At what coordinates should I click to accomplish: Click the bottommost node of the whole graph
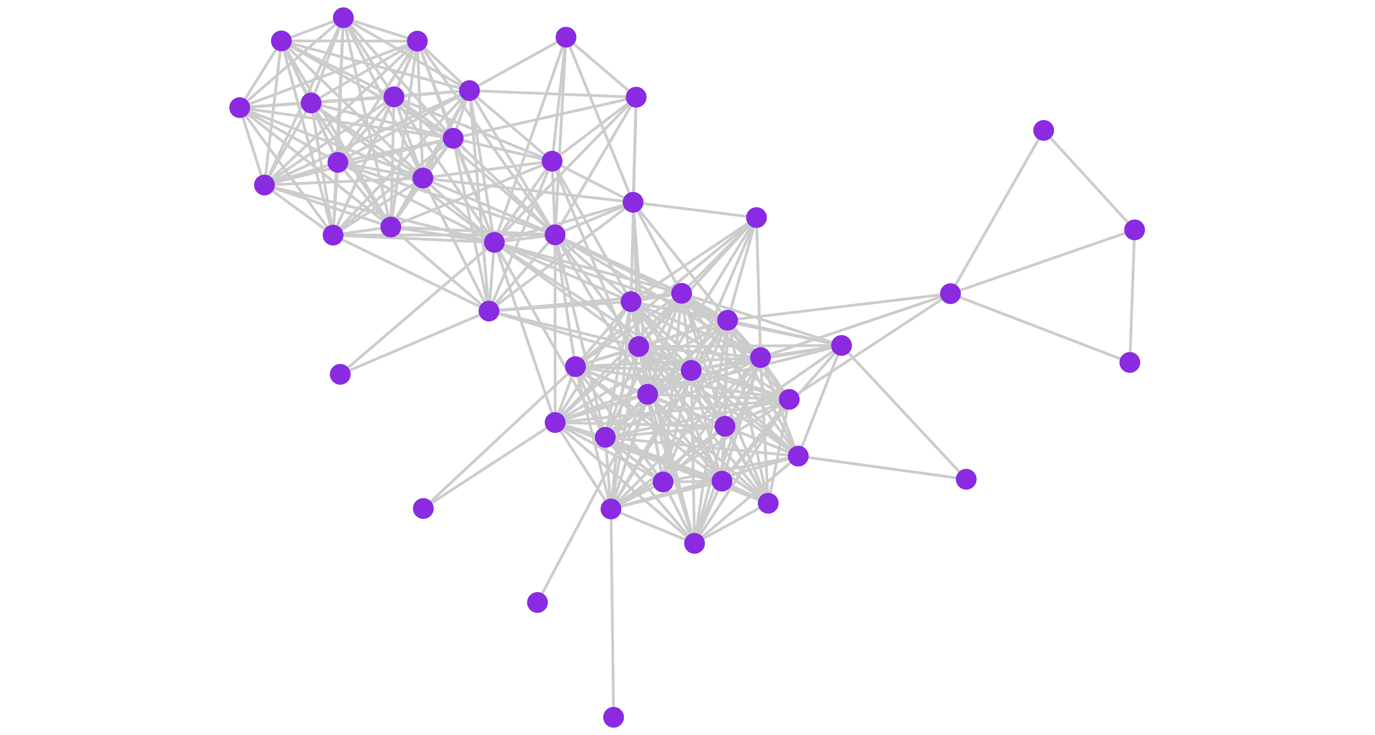coord(613,717)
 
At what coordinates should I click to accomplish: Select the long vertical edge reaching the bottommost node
coord(612,614)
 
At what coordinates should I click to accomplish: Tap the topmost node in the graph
coord(343,18)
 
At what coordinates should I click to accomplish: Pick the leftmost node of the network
coord(240,107)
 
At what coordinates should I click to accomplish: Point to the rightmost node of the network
coord(1134,229)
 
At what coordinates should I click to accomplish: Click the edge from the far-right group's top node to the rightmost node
coord(1089,180)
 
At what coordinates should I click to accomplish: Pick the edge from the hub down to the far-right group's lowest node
coord(1040,328)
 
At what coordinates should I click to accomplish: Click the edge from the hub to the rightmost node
coord(1042,261)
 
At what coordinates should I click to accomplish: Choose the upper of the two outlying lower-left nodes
coord(340,374)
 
